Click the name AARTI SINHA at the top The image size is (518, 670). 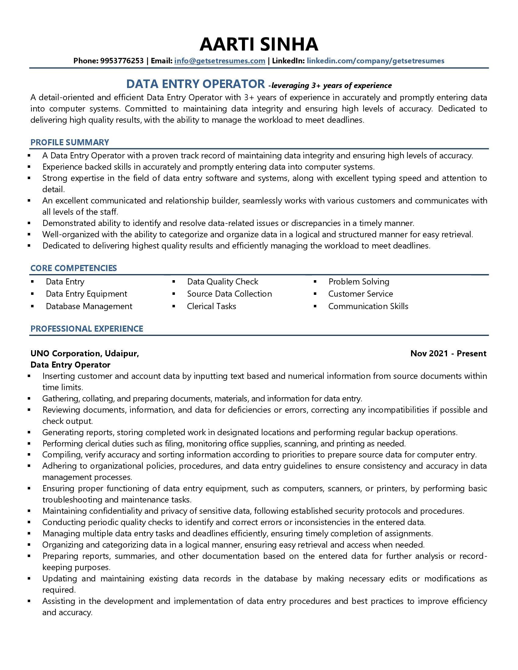click(259, 44)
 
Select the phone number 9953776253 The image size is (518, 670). click(122, 61)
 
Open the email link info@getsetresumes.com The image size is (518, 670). click(219, 61)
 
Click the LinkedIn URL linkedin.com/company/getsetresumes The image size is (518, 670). click(375, 61)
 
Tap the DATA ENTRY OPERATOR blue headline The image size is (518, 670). click(195, 84)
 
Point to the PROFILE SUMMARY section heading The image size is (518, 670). click(70, 142)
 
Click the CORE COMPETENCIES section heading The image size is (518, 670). click(74, 268)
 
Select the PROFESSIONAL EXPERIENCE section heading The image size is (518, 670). click(87, 329)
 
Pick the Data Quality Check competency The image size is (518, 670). click(222, 282)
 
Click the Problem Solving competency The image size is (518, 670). click(358, 282)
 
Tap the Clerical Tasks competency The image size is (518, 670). click(211, 306)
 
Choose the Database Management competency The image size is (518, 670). click(89, 306)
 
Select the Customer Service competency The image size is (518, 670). click(360, 294)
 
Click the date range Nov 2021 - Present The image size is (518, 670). click(448, 353)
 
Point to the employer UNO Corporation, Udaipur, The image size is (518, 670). click(85, 353)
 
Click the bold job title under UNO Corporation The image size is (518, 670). click(70, 365)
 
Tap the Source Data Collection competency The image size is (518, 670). click(229, 294)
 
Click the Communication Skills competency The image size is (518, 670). click(368, 306)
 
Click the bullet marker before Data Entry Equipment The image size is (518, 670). click(33, 294)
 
